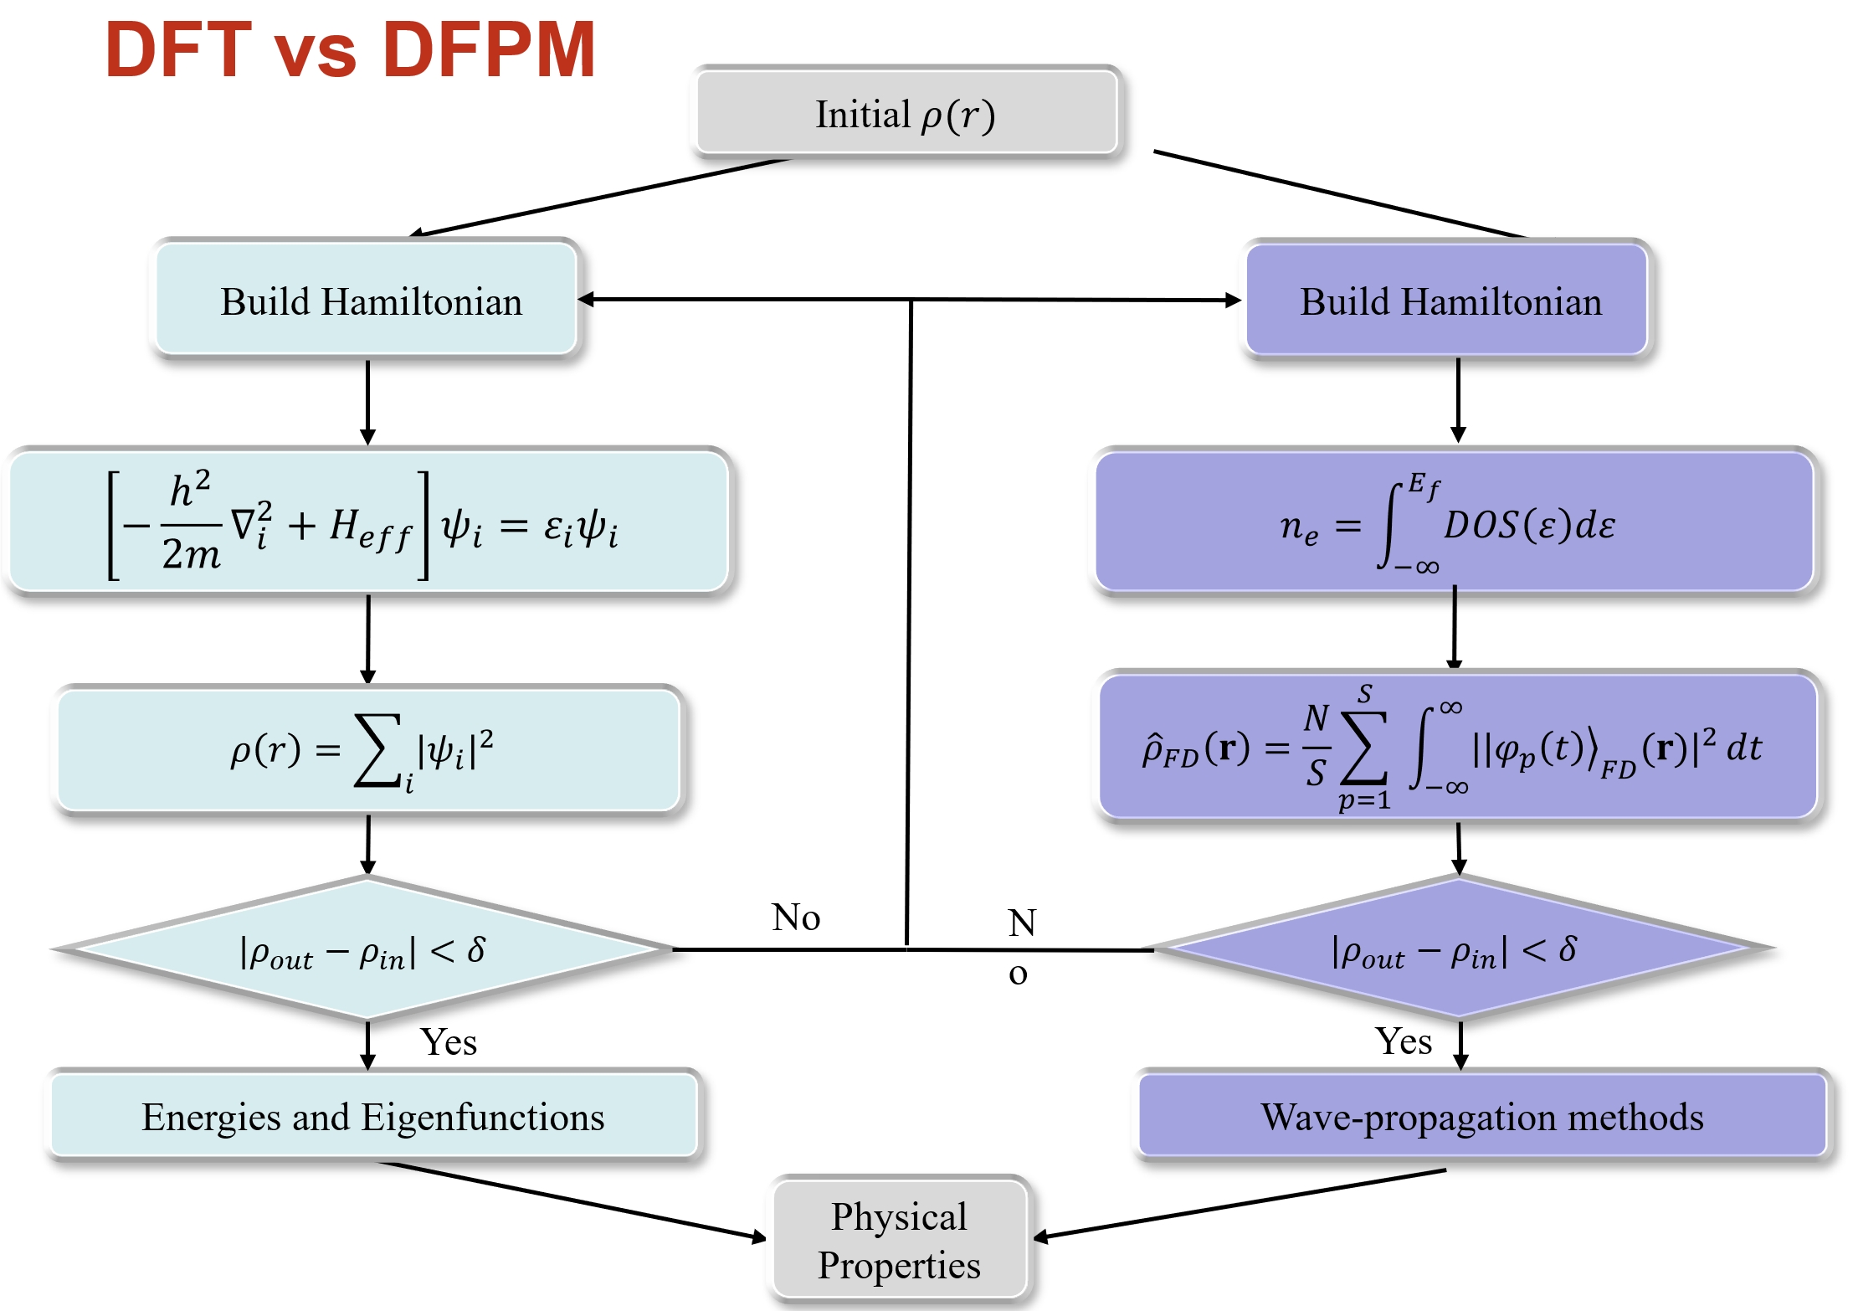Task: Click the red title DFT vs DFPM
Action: tap(350, 50)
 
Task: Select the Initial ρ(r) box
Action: tap(906, 114)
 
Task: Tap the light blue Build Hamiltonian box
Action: tap(368, 300)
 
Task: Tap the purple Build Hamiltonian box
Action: tap(1448, 300)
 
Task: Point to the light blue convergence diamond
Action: tap(364, 949)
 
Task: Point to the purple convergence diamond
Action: tap(1456, 949)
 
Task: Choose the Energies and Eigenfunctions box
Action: tap(373, 1116)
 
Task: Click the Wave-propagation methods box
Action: tap(1481, 1116)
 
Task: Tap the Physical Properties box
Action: tap(899, 1240)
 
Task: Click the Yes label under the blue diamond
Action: tap(449, 1042)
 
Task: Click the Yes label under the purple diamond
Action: tap(1404, 1041)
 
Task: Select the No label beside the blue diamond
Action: tap(796, 918)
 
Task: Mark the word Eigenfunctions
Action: tap(483, 1117)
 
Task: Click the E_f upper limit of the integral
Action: tap(1424, 485)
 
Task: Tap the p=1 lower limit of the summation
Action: tap(1364, 800)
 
